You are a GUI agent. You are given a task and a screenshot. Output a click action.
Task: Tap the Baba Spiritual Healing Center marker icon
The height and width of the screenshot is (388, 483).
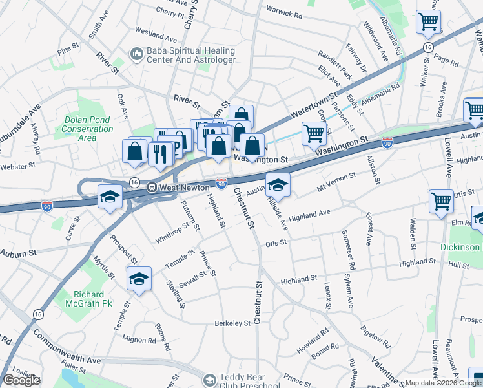point(136,54)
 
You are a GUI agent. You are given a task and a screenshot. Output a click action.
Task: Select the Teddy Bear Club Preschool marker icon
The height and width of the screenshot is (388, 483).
point(210,380)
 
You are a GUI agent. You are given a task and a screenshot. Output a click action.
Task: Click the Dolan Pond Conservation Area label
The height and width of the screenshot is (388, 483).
point(89,128)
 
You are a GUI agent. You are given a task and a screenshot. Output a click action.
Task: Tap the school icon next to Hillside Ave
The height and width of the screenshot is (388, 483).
point(278,184)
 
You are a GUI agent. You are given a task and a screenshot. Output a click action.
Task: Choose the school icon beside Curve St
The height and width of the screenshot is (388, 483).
point(110,196)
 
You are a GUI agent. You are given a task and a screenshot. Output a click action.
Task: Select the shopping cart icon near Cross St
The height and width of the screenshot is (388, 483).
point(314,133)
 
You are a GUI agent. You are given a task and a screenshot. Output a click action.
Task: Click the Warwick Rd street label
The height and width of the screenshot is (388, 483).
point(284,13)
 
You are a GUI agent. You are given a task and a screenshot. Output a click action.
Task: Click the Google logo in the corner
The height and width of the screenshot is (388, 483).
point(21,380)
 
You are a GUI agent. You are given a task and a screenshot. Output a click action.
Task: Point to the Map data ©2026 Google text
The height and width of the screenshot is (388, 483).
point(443,383)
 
